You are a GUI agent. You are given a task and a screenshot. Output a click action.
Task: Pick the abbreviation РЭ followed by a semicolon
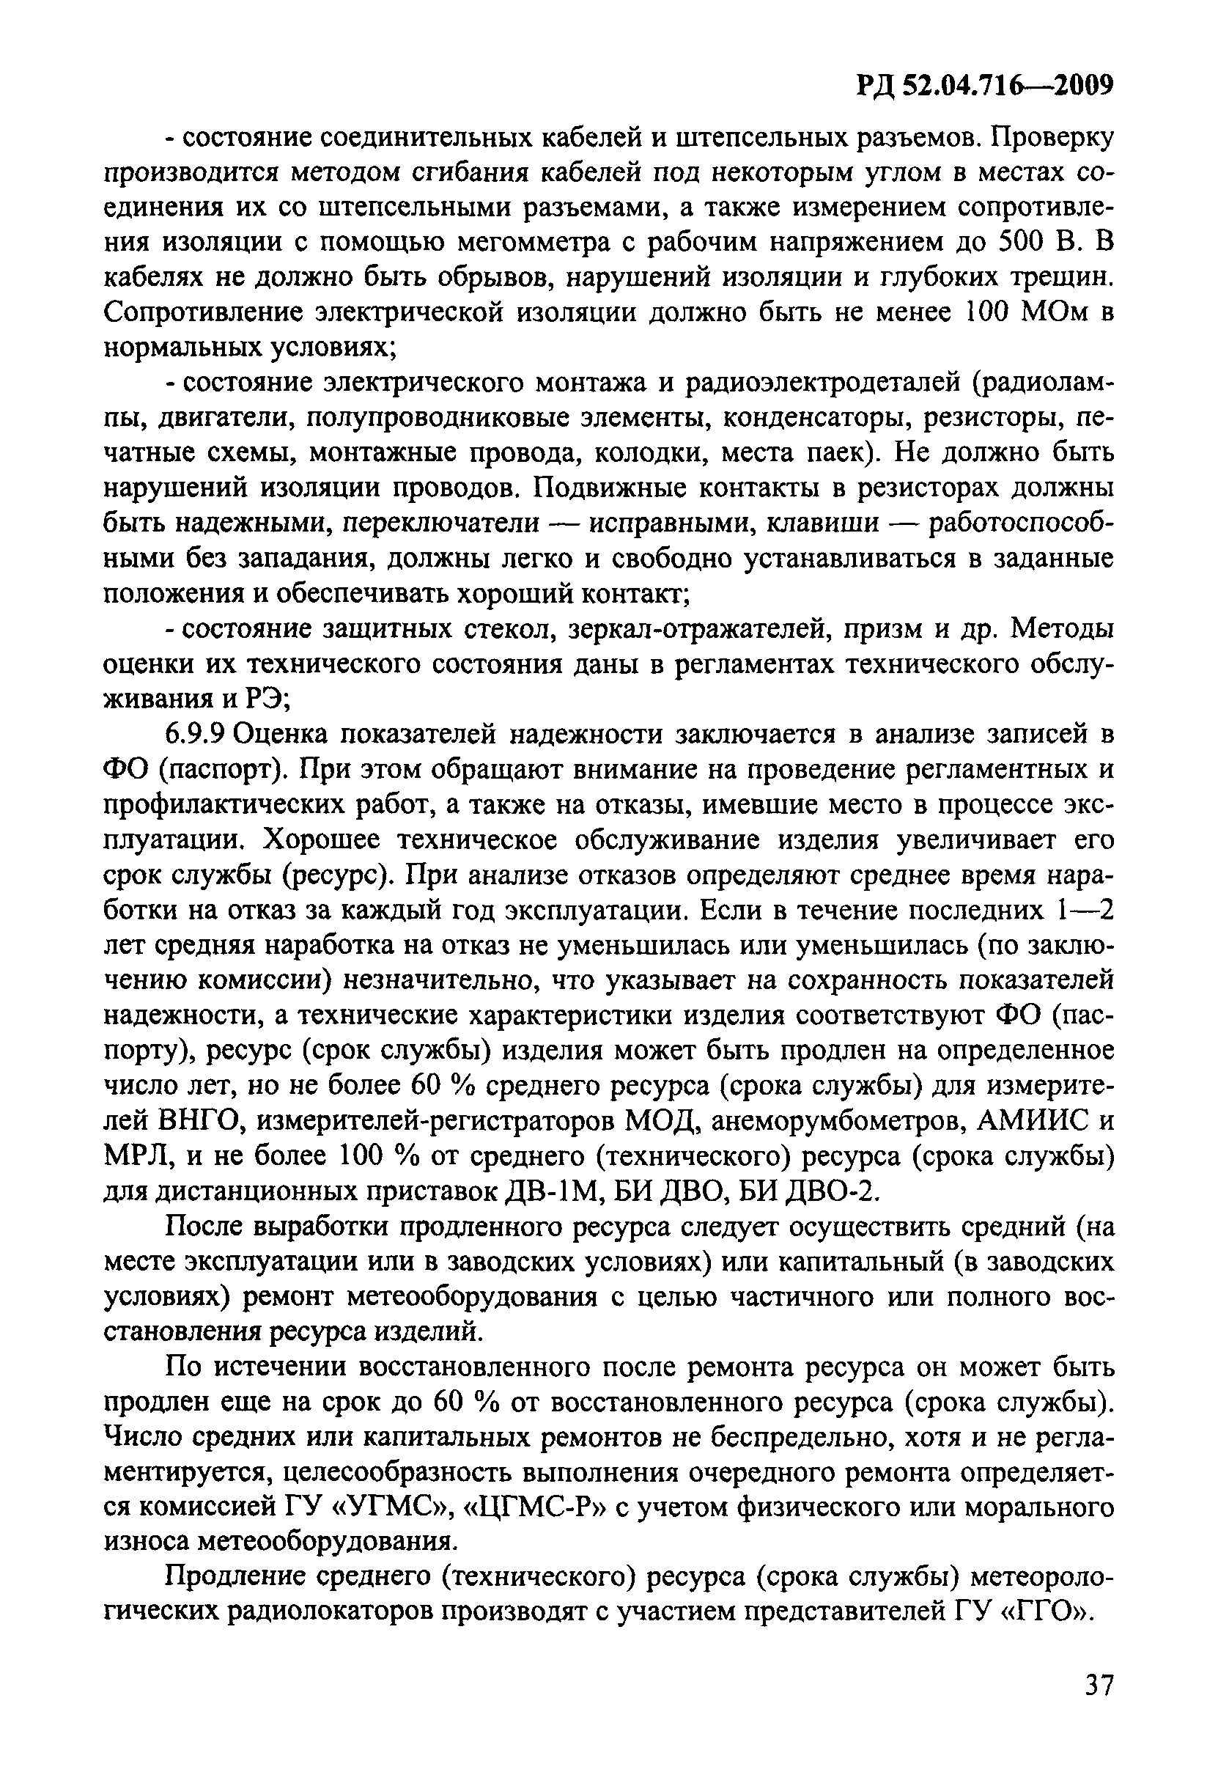point(267,699)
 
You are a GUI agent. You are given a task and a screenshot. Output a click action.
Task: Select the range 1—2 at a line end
point(1084,911)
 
